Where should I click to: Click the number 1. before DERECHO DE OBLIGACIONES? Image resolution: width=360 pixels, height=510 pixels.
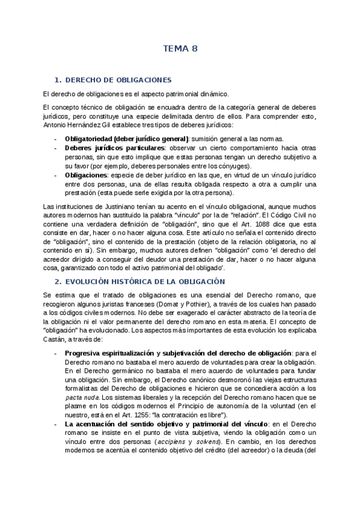click(x=58, y=80)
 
